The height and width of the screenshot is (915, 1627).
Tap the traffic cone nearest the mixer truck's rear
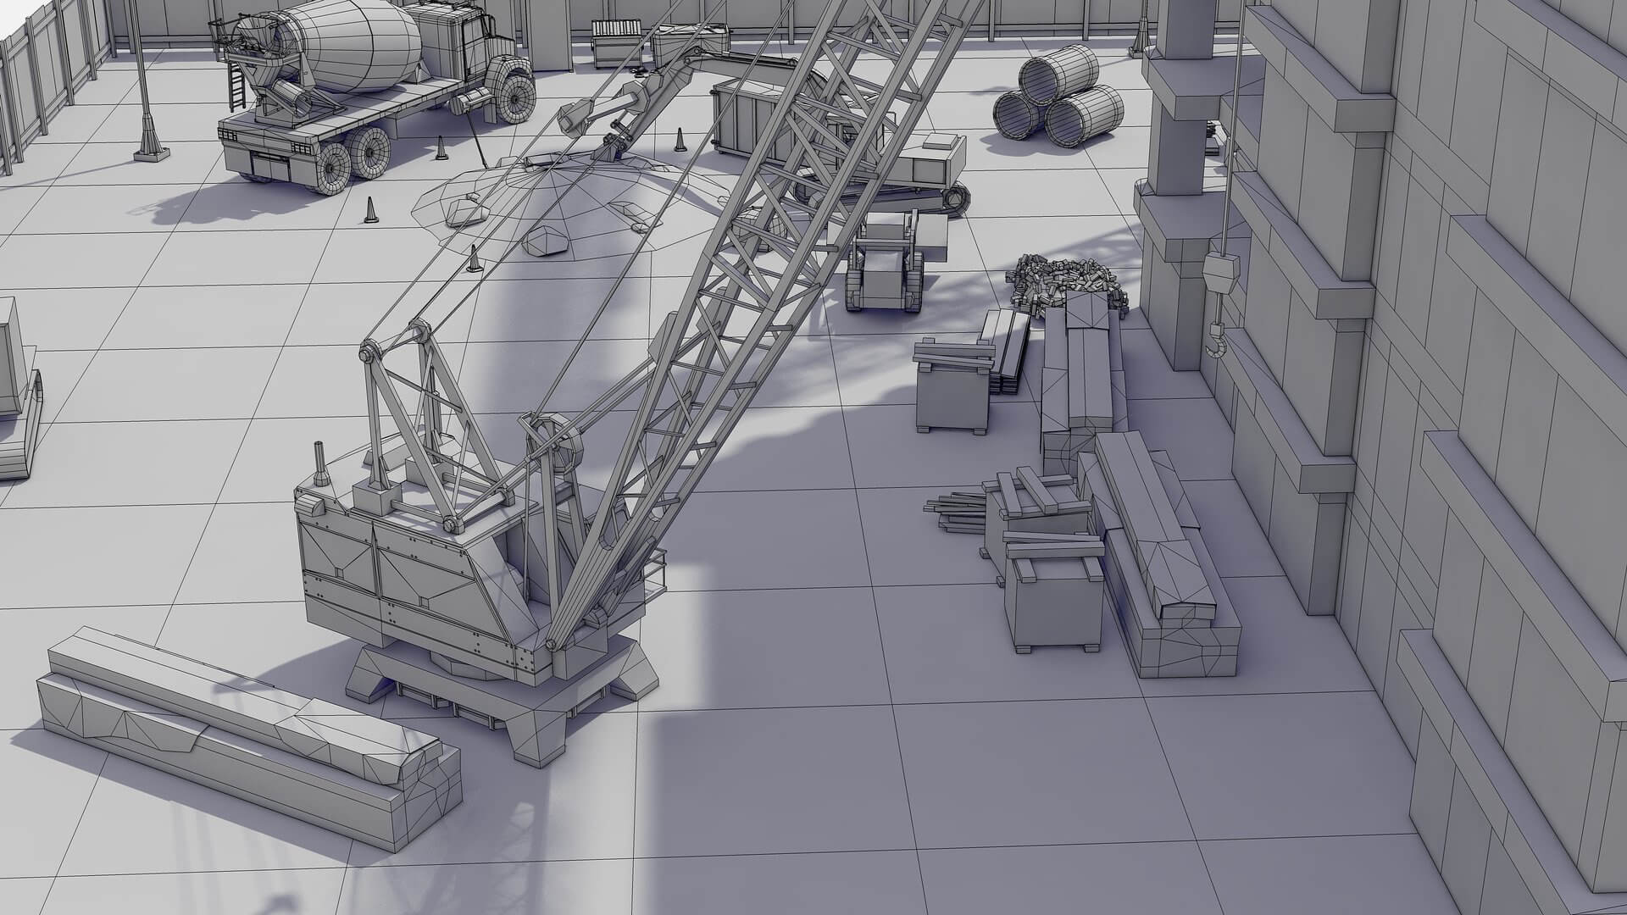pos(440,149)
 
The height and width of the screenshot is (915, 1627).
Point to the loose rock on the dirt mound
pos(547,242)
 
